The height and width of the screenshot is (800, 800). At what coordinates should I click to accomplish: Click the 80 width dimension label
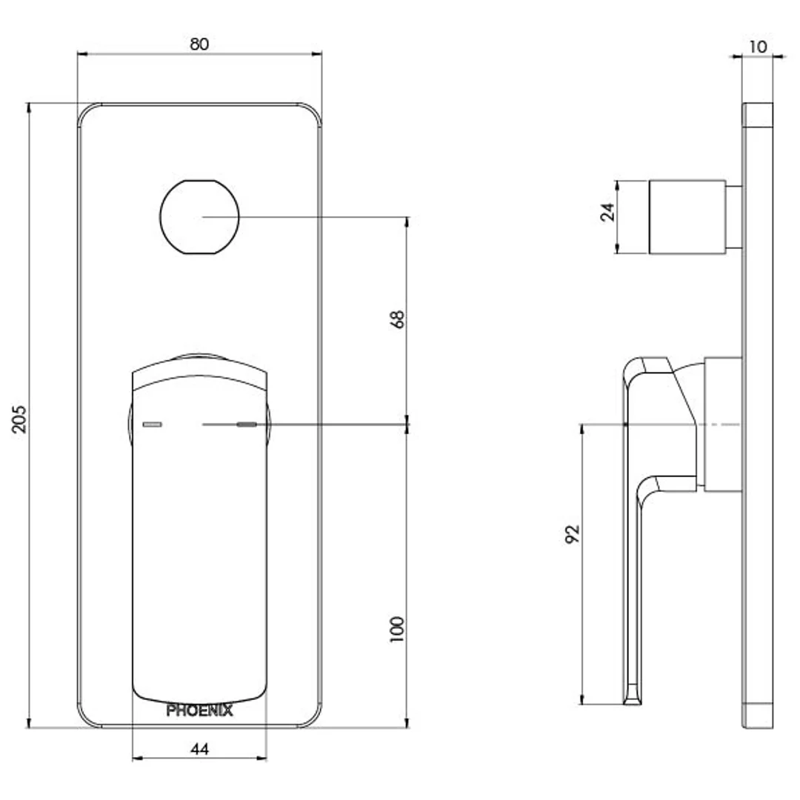199,44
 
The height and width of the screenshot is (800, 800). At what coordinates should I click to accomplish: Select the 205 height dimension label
19,419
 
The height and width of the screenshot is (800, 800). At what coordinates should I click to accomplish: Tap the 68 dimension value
397,319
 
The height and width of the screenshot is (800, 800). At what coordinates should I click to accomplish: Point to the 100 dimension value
397,629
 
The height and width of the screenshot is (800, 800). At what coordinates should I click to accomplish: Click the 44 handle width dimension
199,749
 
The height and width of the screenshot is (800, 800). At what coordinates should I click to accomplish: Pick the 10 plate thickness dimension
758,47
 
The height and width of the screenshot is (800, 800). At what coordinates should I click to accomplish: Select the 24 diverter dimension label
607,212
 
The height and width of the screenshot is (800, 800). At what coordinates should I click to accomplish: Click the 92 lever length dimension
573,533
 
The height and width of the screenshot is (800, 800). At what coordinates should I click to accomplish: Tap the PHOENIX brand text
199,710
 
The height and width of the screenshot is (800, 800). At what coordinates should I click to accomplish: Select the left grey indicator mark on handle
152,424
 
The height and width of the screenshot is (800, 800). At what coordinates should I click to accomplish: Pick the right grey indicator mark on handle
247,424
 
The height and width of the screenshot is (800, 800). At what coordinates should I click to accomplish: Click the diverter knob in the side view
687,217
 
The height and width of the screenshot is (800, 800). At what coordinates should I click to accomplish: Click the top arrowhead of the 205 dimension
29,107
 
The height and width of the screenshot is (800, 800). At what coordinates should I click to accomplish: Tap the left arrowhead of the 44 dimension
137,759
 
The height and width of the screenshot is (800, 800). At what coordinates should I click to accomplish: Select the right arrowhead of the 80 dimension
317,53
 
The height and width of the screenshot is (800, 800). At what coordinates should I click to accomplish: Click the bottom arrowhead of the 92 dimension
582,699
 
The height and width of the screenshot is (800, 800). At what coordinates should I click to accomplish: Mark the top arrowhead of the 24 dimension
617,185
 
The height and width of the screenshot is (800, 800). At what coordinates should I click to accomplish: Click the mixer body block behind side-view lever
723,424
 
